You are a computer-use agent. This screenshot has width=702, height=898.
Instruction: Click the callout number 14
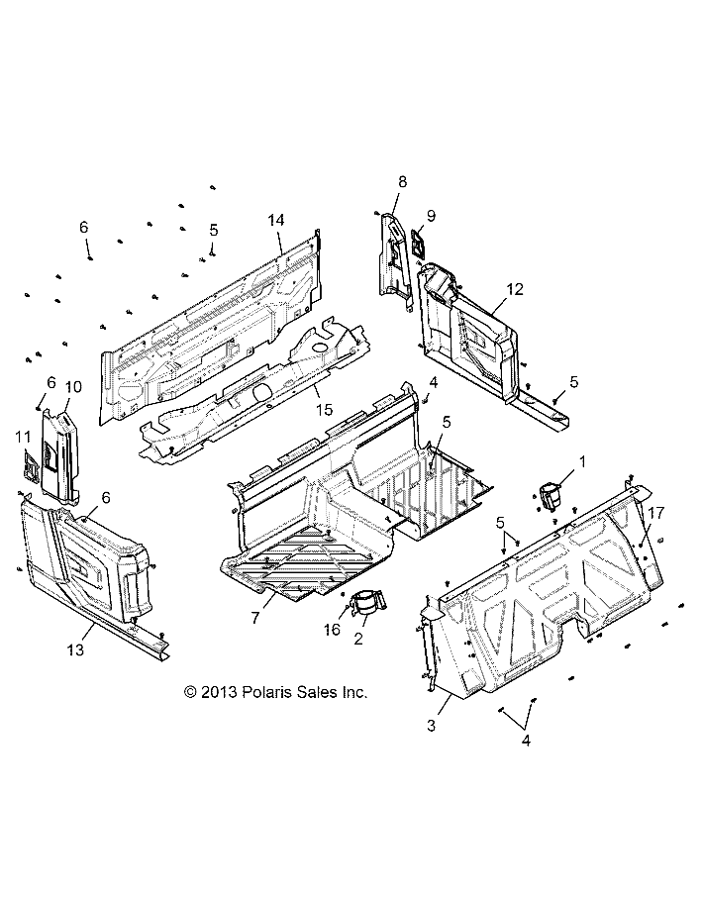pyautogui.click(x=276, y=220)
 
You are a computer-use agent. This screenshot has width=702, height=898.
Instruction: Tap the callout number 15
pyautogui.click(x=324, y=410)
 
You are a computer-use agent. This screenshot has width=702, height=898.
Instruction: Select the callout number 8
pyautogui.click(x=403, y=181)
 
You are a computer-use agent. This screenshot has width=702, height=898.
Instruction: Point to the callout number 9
pyautogui.click(x=431, y=216)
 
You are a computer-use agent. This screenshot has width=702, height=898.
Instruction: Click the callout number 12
pyautogui.click(x=515, y=289)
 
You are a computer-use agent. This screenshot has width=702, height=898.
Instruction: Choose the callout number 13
pyautogui.click(x=75, y=649)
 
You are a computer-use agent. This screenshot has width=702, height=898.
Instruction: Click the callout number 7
pyautogui.click(x=255, y=617)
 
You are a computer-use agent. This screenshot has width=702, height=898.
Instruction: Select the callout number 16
pyautogui.click(x=332, y=630)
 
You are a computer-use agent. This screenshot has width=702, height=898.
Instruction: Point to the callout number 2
pyautogui.click(x=358, y=638)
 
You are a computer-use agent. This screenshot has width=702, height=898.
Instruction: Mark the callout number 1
pyautogui.click(x=583, y=461)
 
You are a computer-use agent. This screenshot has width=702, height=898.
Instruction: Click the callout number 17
pyautogui.click(x=656, y=513)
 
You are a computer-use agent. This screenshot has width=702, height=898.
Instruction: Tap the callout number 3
pyautogui.click(x=431, y=725)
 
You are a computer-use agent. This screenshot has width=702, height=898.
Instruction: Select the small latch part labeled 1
pyautogui.click(x=551, y=495)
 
